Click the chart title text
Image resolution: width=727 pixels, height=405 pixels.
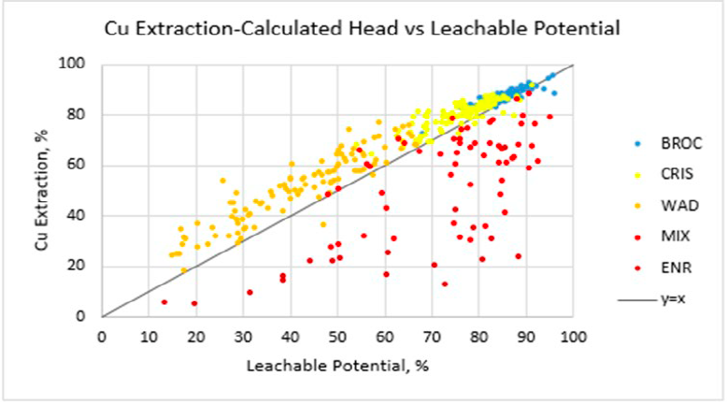pos(363,28)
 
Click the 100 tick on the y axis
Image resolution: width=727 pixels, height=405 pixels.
pos(73,65)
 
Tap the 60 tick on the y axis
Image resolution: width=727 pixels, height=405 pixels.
pos(77,166)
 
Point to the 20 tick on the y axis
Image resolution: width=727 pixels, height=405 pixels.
pos(77,267)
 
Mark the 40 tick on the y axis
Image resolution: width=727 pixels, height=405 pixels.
pos(77,216)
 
